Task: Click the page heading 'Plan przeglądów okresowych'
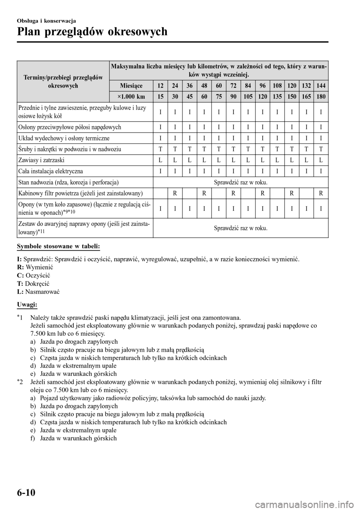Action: [92, 32]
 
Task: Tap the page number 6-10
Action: [26, 491]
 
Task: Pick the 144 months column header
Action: [321, 86]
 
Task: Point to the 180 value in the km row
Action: [321, 96]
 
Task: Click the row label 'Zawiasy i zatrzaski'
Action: [41, 160]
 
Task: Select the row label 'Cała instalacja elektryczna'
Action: [50, 171]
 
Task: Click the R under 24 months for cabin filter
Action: [175, 194]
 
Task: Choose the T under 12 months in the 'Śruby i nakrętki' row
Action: [160, 149]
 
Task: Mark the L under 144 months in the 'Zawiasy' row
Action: [321, 160]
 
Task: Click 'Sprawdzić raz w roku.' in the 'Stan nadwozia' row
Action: [240, 182]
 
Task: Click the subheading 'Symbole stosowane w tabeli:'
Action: [58, 246]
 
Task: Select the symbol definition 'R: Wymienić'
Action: [35, 268]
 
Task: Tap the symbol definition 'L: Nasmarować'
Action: [39, 292]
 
